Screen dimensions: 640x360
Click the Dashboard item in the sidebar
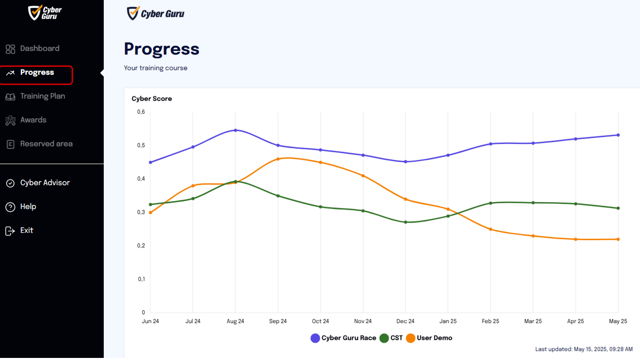point(33,49)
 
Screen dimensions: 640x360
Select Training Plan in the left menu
point(35,96)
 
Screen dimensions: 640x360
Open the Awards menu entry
point(26,120)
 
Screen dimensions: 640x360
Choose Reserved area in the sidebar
point(39,144)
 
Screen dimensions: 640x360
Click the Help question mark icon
point(10,207)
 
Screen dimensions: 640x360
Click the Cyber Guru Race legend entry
point(343,338)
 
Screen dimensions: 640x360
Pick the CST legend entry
point(391,338)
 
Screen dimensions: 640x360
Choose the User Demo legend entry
point(429,338)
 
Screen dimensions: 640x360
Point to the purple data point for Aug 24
point(235,130)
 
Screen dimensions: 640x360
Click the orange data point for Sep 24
point(278,159)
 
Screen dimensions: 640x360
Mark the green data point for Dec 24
point(406,222)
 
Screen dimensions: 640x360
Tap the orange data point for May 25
point(618,240)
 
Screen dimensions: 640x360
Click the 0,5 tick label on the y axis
point(141,145)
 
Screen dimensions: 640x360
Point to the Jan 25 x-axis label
point(448,322)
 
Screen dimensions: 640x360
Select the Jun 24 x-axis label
point(150,322)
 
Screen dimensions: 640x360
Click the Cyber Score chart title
point(152,99)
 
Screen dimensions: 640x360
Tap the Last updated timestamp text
point(584,350)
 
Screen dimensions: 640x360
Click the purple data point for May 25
point(618,135)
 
